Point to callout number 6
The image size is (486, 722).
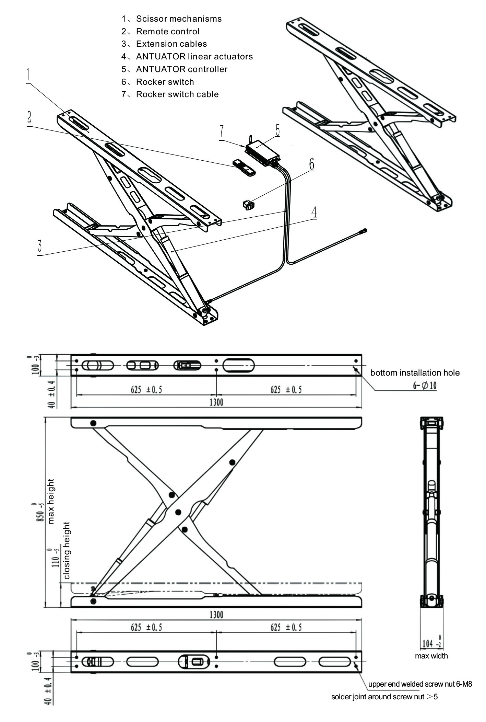[x=311, y=164]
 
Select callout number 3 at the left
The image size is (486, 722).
[x=40, y=246]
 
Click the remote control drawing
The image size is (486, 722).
[x=244, y=168]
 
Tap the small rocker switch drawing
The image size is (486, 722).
[x=248, y=205]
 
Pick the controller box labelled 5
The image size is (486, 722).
[x=262, y=151]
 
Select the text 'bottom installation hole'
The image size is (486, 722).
[x=415, y=373]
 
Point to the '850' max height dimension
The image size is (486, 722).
[x=41, y=513]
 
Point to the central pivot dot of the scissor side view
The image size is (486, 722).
[x=178, y=512]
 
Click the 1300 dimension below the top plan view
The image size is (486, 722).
[x=216, y=402]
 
